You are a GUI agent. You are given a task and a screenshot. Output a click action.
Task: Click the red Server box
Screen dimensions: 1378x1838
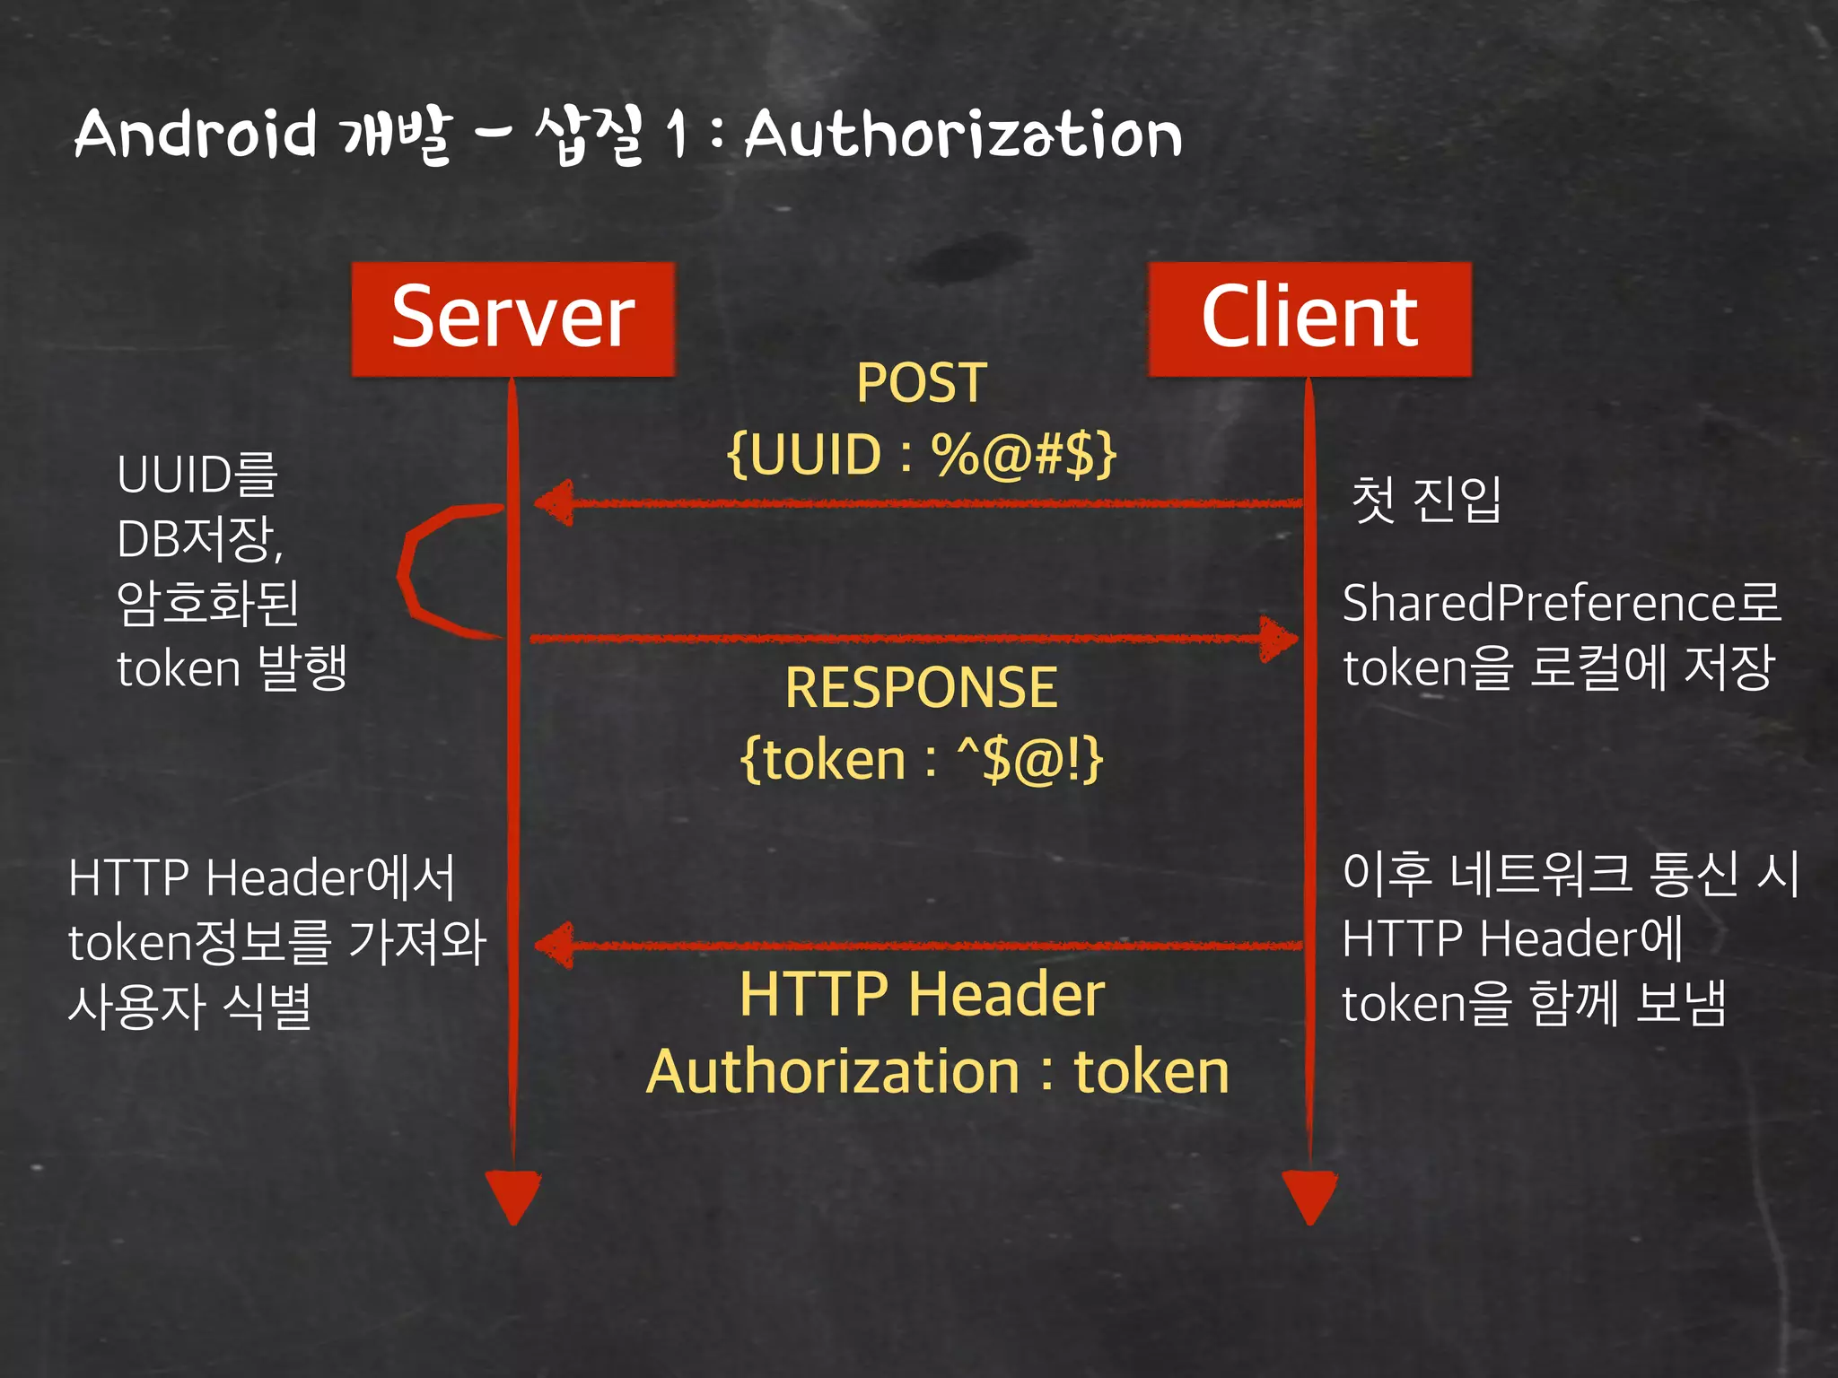coord(512,318)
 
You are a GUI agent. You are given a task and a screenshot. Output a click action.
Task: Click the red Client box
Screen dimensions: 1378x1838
coord(1309,318)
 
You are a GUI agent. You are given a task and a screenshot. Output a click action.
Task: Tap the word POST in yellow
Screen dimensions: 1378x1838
coord(921,383)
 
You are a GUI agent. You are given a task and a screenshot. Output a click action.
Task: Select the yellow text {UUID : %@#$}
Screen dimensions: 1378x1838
coord(921,454)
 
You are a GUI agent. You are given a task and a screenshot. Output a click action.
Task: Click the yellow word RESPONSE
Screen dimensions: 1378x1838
coord(921,688)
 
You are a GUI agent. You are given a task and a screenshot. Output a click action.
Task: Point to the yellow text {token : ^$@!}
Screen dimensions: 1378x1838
coord(921,760)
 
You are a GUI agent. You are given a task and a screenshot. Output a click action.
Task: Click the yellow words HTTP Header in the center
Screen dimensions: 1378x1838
coord(921,994)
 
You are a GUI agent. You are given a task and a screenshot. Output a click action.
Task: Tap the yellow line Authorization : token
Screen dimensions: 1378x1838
coord(937,1072)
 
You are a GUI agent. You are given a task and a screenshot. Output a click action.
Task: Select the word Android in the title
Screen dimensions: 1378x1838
coord(196,135)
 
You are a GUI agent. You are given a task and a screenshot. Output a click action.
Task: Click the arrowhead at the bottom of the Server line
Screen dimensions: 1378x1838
coord(513,1196)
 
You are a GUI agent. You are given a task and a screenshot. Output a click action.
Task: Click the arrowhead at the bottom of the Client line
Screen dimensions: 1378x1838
coord(1309,1196)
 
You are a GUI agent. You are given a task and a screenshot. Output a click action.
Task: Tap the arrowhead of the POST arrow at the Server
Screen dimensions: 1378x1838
coord(555,502)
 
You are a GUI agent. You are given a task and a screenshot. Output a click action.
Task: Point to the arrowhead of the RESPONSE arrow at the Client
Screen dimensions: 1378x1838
coord(1278,639)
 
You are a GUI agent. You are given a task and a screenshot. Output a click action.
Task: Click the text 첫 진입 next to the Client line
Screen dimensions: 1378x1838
coord(1425,499)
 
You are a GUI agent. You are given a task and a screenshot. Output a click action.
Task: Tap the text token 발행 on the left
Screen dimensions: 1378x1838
coord(232,668)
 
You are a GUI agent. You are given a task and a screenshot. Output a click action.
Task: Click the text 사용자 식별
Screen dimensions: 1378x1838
coord(190,1006)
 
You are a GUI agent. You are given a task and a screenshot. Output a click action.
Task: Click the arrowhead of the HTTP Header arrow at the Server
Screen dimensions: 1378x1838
coord(555,945)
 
